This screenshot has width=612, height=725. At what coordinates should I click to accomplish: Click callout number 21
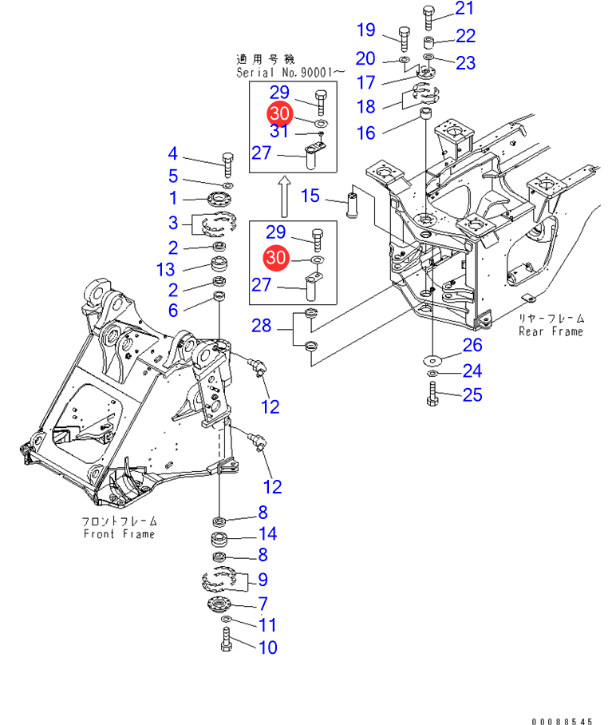click(464, 9)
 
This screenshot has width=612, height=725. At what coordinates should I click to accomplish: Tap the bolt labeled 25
click(432, 393)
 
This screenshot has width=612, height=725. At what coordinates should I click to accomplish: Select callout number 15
click(310, 196)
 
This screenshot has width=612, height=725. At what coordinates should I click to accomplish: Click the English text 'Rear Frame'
click(551, 331)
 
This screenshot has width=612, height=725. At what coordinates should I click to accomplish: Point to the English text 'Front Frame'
click(120, 534)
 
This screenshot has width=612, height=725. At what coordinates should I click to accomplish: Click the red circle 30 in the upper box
click(278, 113)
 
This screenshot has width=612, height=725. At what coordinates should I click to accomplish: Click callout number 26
click(472, 345)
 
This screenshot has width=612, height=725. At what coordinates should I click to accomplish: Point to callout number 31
click(278, 131)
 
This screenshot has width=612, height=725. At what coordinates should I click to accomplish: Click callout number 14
click(267, 534)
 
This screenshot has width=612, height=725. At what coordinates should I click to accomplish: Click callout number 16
click(365, 133)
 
